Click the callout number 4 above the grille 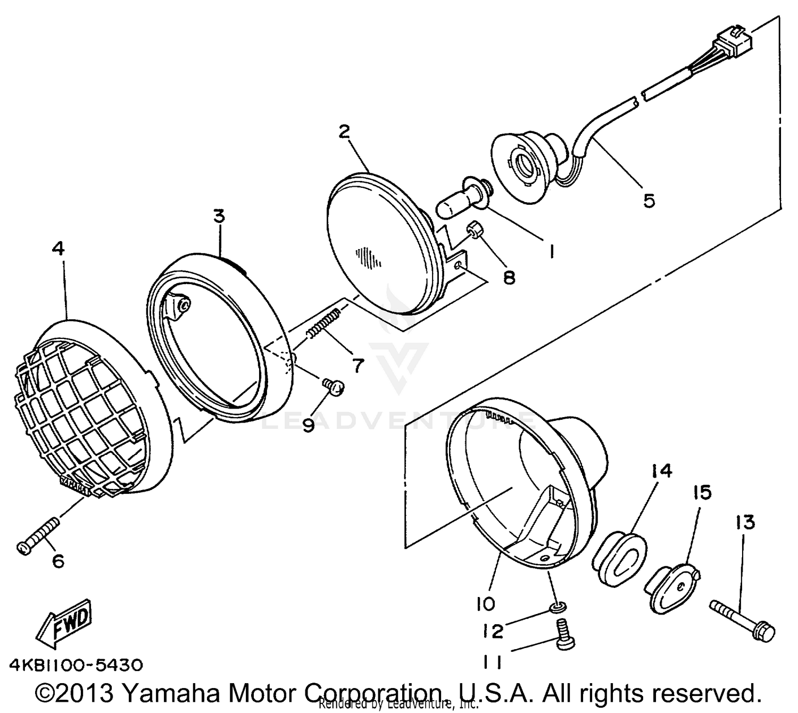click(59, 248)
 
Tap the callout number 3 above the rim click(219, 216)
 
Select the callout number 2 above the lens click(345, 131)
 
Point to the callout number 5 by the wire click(649, 201)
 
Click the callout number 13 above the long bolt click(745, 523)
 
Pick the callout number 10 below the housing click(485, 603)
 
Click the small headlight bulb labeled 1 click(463, 199)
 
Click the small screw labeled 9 click(334, 387)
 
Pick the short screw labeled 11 click(563, 635)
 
